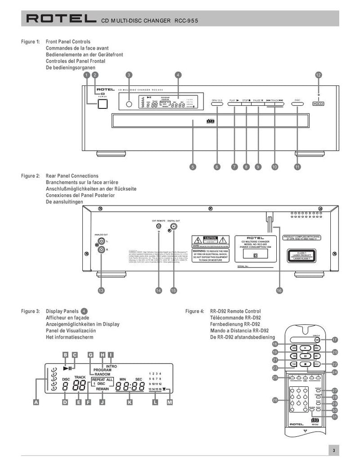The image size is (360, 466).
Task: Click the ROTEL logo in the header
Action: click(60, 19)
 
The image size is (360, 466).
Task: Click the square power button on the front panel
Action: click(103, 104)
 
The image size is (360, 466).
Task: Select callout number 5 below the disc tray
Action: click(193, 167)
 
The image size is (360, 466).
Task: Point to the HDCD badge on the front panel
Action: click(319, 103)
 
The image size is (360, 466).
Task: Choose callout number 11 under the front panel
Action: click(297, 167)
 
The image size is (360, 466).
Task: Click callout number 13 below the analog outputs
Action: click(101, 291)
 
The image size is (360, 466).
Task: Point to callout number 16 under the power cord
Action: click(279, 291)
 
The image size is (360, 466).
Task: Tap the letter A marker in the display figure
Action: click(36, 402)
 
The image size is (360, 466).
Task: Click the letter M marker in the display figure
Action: click(169, 402)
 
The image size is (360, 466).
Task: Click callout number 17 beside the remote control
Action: click(335, 340)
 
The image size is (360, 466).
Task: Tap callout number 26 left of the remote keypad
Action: click(275, 400)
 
